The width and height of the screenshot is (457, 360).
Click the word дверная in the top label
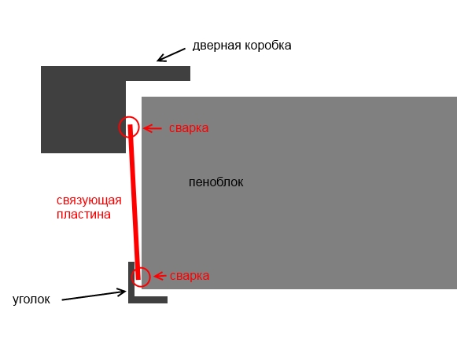tap(217, 46)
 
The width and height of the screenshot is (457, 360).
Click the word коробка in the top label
tap(268, 46)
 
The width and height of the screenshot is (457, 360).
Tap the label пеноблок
tap(216, 182)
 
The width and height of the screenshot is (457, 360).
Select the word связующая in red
tap(89, 201)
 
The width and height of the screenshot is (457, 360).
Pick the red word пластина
tap(83, 215)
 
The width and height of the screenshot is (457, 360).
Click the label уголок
tap(31, 299)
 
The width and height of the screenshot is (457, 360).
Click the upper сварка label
tap(189, 128)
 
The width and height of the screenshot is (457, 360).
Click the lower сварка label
tap(190, 276)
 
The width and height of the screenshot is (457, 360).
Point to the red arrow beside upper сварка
tap(153, 128)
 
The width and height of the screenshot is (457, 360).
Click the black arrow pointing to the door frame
tap(171, 55)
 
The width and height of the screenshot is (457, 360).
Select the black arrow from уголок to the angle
tap(94, 296)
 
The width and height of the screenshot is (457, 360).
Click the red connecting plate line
tap(134, 202)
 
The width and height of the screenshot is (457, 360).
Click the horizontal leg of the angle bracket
tap(148, 299)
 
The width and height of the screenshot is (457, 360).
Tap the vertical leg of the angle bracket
tap(131, 282)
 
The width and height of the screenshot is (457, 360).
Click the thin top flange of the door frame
tap(157, 73)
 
